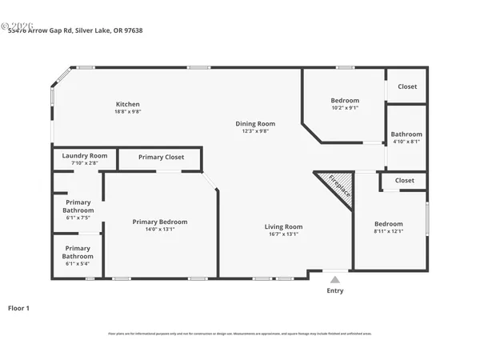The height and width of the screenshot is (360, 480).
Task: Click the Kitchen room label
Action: pyautogui.click(x=128, y=104)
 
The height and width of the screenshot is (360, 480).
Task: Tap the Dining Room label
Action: pyautogui.click(x=255, y=123)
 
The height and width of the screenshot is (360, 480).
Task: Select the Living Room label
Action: pyautogui.click(x=283, y=226)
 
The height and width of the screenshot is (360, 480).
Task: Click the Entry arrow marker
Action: pyautogui.click(x=335, y=279)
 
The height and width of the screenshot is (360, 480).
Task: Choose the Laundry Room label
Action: pyautogui.click(x=84, y=155)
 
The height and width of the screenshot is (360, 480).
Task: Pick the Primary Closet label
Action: pyautogui.click(x=161, y=158)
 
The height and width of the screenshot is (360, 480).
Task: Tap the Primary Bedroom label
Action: pyautogui.click(x=160, y=222)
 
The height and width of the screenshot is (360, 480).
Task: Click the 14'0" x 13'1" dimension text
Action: pyautogui.click(x=160, y=230)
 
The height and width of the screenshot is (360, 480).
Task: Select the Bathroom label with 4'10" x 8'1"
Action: pyautogui.click(x=406, y=134)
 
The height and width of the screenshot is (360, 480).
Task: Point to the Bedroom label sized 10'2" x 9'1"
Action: pyautogui.click(x=345, y=100)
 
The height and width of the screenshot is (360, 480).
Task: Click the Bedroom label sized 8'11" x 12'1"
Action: pyautogui.click(x=389, y=224)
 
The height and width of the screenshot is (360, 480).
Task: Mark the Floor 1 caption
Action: pyautogui.click(x=18, y=307)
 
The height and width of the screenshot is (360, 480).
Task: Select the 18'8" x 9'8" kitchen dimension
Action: pyautogui.click(x=128, y=112)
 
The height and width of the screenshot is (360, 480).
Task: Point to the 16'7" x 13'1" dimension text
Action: pyautogui.click(x=283, y=234)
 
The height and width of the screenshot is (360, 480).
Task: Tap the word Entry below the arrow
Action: pyautogui.click(x=335, y=290)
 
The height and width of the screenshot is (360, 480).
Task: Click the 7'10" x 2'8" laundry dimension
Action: pyautogui.click(x=84, y=163)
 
